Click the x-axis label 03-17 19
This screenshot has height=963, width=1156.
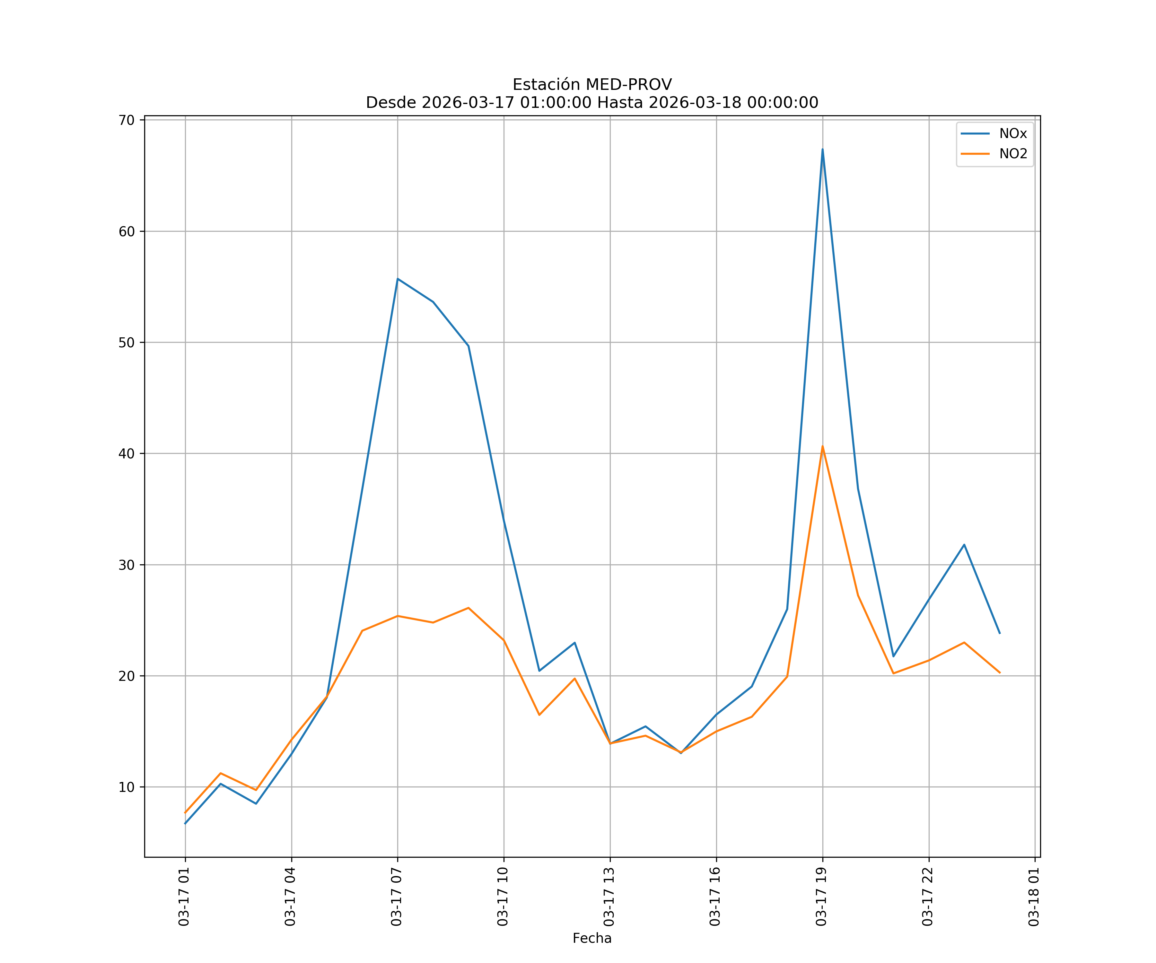tap(822, 897)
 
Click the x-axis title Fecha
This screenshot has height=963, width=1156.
tap(592, 938)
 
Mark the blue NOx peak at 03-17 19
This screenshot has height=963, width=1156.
tap(822, 149)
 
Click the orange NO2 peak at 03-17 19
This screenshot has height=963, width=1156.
tap(822, 446)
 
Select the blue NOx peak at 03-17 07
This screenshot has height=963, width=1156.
tap(398, 279)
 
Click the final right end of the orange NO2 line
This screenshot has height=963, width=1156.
tap(1000, 672)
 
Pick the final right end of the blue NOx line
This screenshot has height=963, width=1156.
tap(1000, 633)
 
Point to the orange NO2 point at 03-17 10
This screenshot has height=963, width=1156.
tap(504, 640)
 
